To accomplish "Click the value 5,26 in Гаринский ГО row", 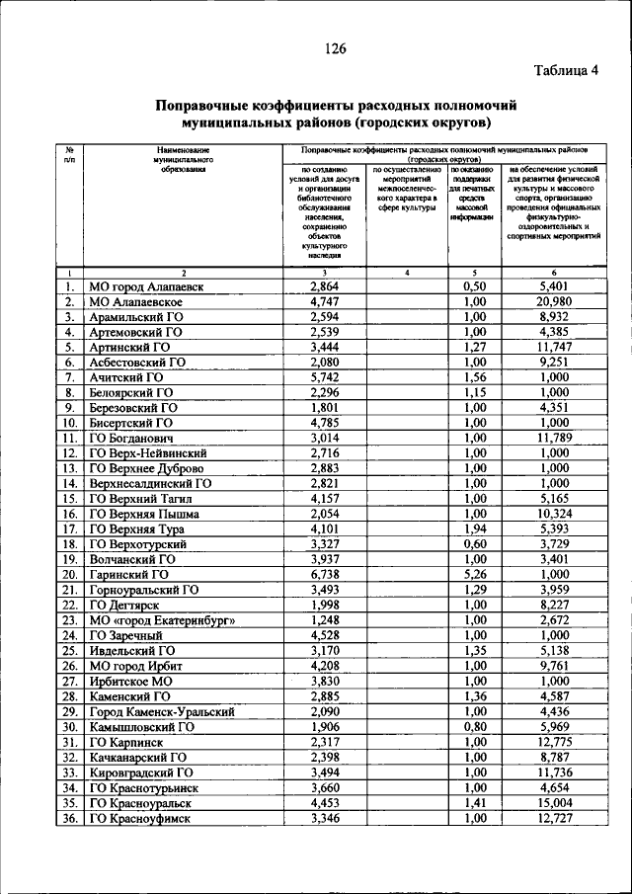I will coord(475,574).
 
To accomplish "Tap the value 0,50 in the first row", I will coord(475,286).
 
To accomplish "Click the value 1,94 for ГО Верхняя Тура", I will coord(475,528).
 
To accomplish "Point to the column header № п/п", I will coord(69,153).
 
